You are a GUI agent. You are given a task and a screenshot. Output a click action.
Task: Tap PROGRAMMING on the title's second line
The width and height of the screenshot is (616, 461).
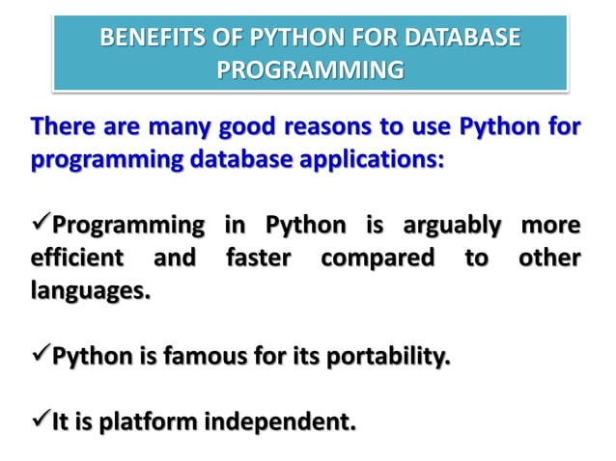pyautogui.click(x=308, y=70)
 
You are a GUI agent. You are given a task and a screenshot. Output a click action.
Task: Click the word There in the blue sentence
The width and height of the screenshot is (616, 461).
pyautogui.click(x=65, y=126)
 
